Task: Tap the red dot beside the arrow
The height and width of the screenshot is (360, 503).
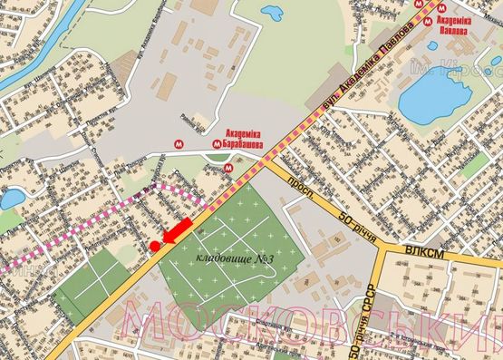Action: pos(155,246)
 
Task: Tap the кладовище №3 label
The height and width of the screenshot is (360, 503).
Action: pos(236,261)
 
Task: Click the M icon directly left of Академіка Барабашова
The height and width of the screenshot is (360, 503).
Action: pos(215,142)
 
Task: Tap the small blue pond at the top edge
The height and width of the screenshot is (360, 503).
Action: pos(271,13)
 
